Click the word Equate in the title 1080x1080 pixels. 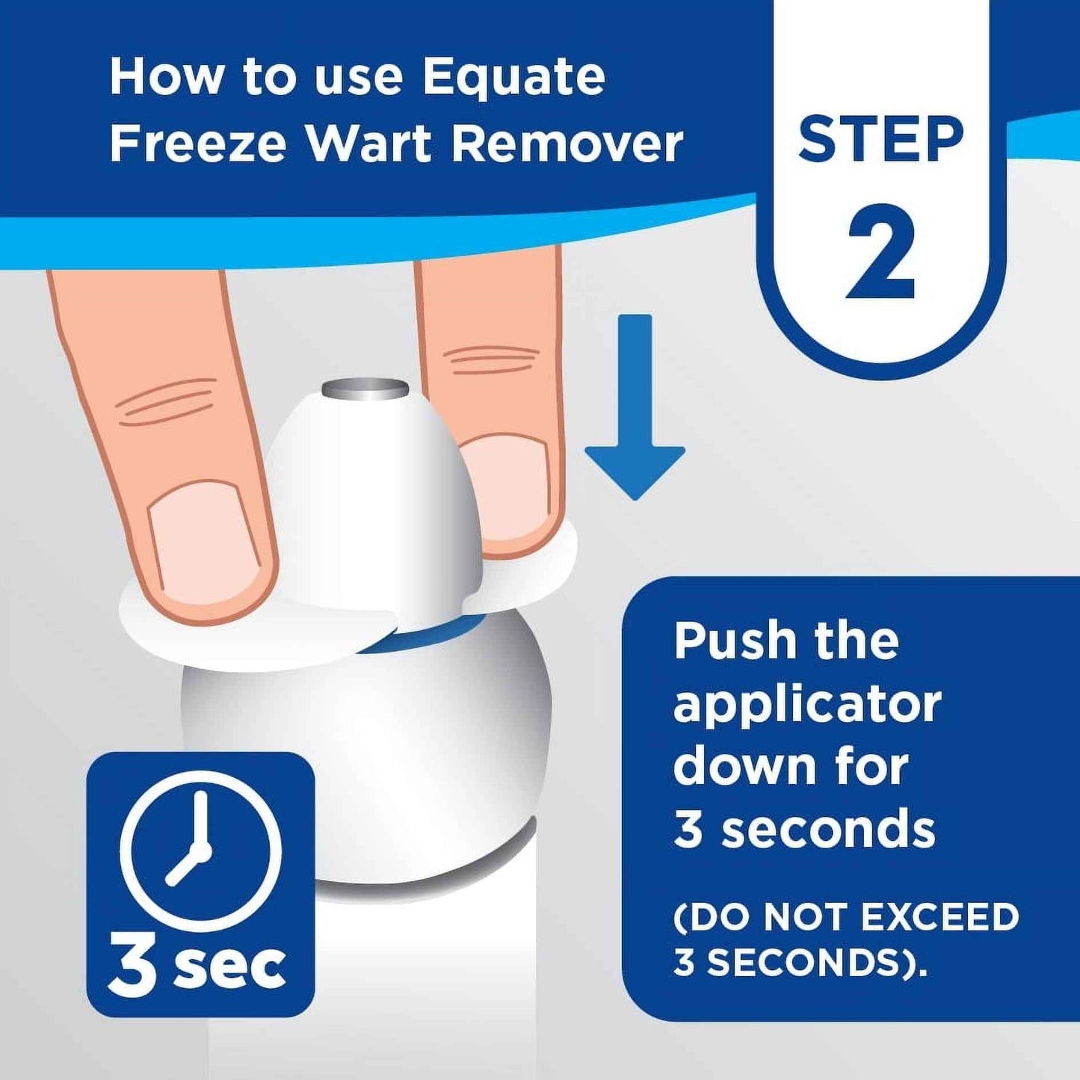(x=513, y=78)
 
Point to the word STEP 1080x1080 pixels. (x=881, y=140)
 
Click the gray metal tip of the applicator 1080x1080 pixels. (x=365, y=389)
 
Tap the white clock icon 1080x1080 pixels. (x=200, y=851)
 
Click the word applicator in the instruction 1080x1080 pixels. (x=807, y=706)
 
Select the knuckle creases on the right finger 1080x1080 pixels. (x=493, y=360)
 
